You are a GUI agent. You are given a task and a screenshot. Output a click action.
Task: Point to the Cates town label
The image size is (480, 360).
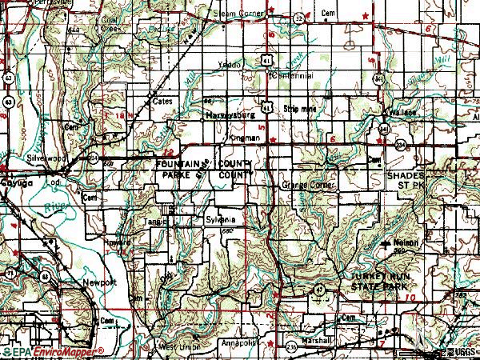tap(163, 102)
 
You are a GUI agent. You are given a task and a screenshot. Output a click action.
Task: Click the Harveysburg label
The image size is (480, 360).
tap(228, 114)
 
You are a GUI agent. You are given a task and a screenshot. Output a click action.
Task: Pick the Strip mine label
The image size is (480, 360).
tap(295, 105)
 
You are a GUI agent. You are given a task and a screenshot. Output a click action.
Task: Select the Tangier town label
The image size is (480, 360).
tap(156, 222)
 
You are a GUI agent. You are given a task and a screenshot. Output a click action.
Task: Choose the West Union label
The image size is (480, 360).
tap(177, 347)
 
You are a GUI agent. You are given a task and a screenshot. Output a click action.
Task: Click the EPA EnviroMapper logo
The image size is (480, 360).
tap(52, 352)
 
